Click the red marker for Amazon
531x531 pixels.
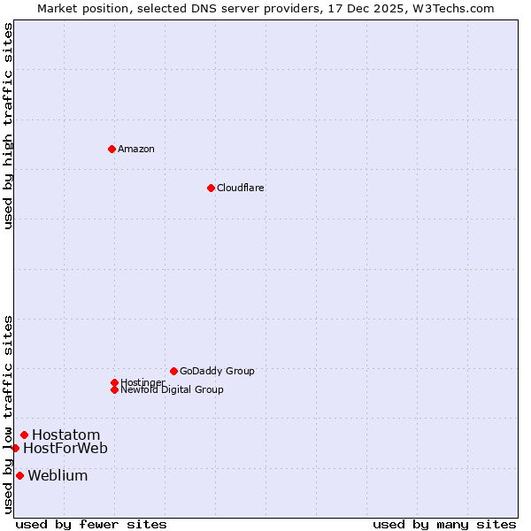coord(112,149)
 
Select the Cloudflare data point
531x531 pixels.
coord(211,188)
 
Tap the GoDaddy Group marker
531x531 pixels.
coord(173,371)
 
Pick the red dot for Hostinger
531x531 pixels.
coord(114,382)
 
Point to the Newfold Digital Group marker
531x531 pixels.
coord(114,389)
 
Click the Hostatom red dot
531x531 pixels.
coord(24,435)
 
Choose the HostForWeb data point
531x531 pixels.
coord(15,448)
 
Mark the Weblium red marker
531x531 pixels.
coord(19,475)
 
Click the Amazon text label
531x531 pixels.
coord(136,149)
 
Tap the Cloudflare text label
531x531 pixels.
coord(241,188)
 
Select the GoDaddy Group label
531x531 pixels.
coord(217,371)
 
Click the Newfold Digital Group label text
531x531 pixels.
coord(172,389)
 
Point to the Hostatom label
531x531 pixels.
coord(66,435)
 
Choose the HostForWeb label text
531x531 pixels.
coord(65,448)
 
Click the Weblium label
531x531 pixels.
coord(58,475)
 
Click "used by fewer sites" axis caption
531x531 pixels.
coord(91,524)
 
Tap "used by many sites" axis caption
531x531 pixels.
coord(444,524)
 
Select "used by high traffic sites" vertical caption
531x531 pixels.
coord(8,126)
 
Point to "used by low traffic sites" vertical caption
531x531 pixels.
coord(8,413)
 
